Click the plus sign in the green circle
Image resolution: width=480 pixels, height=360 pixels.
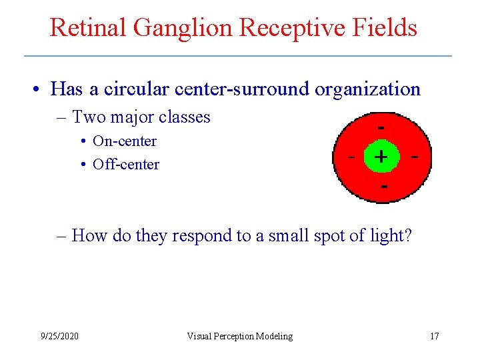pyautogui.click(x=380, y=157)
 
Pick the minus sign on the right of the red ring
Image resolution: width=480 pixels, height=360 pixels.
pyautogui.click(x=415, y=157)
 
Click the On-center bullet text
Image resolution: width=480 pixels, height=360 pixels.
pyautogui.click(x=125, y=141)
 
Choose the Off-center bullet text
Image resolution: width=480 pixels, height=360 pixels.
pyautogui.click(x=126, y=164)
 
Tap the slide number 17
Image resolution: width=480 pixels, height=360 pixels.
pyautogui.click(x=434, y=336)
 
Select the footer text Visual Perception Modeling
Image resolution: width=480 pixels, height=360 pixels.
pyautogui.click(x=239, y=336)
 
